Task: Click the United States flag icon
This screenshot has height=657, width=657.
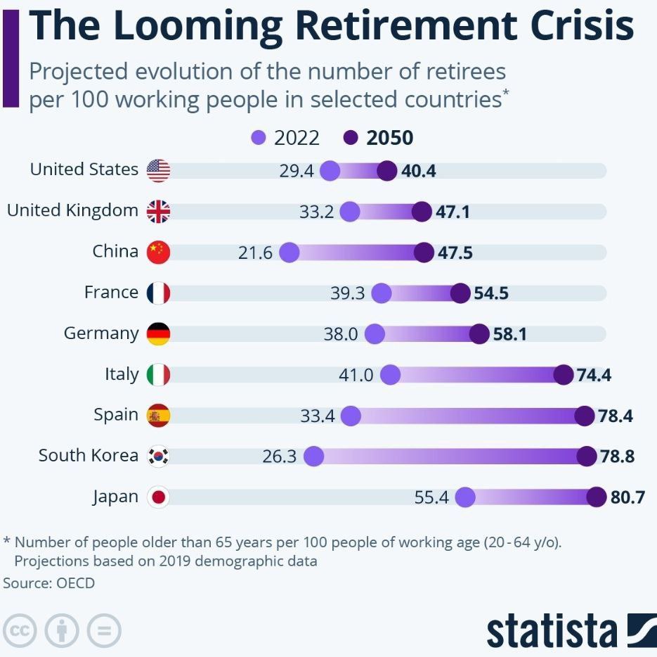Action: click(x=158, y=171)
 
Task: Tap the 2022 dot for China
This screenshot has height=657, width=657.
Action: click(x=289, y=253)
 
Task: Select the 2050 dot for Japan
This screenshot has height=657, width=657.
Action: click(x=597, y=497)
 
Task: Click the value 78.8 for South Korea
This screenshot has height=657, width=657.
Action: click(x=617, y=456)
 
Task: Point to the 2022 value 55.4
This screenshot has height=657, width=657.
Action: click(x=431, y=497)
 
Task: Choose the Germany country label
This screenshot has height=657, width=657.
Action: click(x=101, y=333)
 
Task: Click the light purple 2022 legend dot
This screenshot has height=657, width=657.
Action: click(x=259, y=138)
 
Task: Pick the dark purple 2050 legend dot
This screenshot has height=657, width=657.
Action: click(x=351, y=138)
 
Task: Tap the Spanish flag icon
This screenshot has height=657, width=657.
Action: click(x=158, y=416)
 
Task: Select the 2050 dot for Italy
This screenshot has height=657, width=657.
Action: click(x=563, y=375)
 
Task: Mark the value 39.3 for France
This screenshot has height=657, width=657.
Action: click(x=347, y=293)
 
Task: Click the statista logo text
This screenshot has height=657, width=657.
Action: click(x=552, y=631)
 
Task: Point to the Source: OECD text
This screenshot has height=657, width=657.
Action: click(x=49, y=583)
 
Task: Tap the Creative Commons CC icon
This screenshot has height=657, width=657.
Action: click(x=20, y=630)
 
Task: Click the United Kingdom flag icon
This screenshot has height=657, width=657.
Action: click(x=158, y=212)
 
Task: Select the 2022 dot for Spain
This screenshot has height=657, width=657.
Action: click(x=351, y=416)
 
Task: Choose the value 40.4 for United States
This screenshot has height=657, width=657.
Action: click(x=419, y=171)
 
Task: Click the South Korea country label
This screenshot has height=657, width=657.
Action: click(x=89, y=455)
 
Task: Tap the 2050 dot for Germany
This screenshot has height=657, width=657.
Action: click(x=479, y=334)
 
